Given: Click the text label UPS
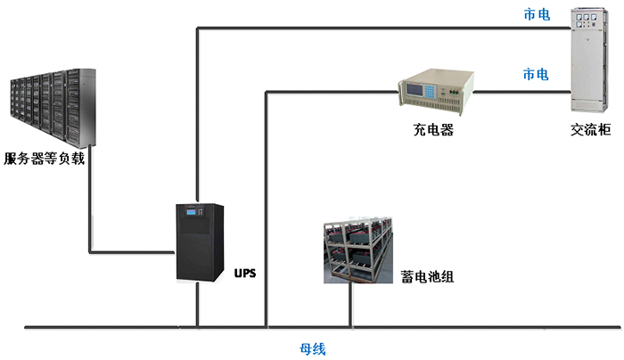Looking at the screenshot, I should (245, 273).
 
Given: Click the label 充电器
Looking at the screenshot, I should (432, 130).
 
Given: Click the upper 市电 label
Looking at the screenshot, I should (536, 15).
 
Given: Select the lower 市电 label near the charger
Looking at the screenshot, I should (536, 74).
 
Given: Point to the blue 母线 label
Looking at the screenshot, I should (312, 348).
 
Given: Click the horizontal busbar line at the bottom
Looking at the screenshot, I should (446, 328).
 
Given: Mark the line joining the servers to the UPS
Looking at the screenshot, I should (89, 223).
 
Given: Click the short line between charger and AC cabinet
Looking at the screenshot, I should (521, 91).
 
